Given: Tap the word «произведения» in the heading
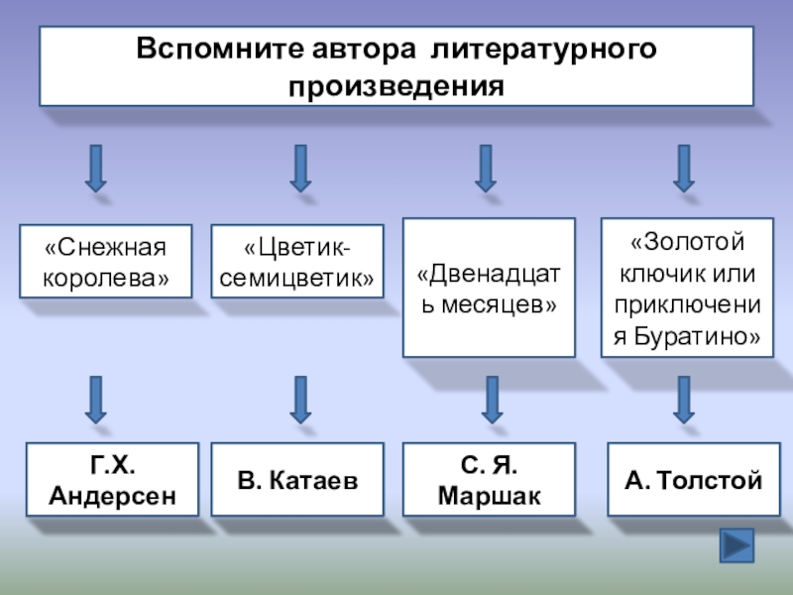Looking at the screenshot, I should (396, 86).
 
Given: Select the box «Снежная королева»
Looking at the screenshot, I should (105, 263).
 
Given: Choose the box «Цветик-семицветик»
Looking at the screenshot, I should (298, 263).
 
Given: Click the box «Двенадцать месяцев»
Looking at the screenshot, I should (488, 288).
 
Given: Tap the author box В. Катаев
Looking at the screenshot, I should (297, 480).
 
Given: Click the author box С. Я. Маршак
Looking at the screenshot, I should (488, 480).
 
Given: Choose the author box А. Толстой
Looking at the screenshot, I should (693, 480).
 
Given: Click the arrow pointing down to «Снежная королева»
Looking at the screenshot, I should (95, 168).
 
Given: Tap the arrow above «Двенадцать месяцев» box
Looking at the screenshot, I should (485, 168).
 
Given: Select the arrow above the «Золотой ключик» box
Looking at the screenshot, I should (683, 168).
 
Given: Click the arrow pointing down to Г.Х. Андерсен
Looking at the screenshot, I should (96, 400).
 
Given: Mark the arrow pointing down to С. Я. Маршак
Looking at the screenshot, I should (488, 400).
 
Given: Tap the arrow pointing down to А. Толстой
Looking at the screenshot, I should (683, 400).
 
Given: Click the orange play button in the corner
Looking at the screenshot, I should (736, 546).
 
